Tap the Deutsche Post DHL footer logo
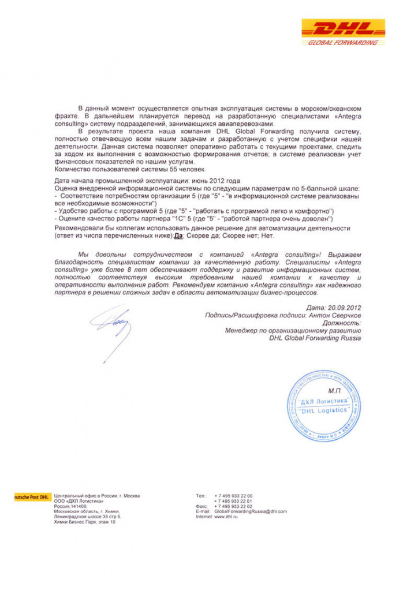31,496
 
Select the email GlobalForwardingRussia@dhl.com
250,511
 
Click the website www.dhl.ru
226,517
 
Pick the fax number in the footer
233,506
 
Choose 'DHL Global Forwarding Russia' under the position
315,339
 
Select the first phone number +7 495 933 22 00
233,496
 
